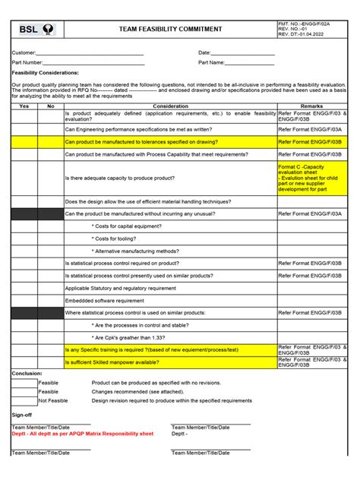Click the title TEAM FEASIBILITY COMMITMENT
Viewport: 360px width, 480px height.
(x=170, y=30)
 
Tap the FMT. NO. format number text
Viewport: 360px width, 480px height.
(x=304, y=24)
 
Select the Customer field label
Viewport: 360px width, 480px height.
(x=24, y=52)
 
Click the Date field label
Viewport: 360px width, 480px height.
(x=204, y=52)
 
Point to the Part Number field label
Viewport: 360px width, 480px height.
(x=27, y=62)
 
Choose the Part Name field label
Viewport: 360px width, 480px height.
(x=211, y=62)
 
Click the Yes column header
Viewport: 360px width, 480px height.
(x=24, y=106)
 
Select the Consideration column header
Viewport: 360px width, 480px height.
(x=170, y=106)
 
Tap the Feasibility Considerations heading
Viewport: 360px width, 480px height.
(x=39, y=73)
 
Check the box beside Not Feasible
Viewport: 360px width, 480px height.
(x=24, y=400)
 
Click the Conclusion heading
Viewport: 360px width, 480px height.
(x=27, y=373)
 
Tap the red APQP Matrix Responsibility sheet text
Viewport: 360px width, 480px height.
(x=82, y=434)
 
